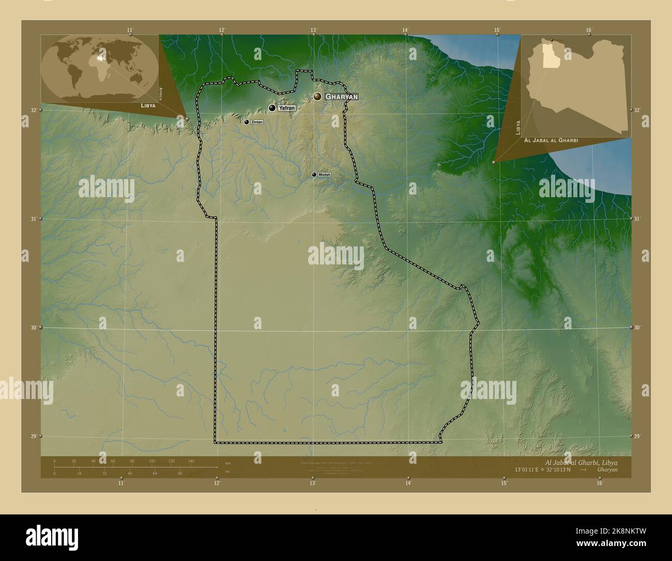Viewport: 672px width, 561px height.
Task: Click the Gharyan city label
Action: click(341, 97)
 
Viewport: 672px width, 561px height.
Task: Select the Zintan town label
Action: click(257, 122)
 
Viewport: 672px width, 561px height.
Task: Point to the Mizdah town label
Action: click(324, 175)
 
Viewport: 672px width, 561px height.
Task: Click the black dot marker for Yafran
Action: click(272, 108)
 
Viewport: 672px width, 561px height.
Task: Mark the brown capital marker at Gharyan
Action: click(317, 96)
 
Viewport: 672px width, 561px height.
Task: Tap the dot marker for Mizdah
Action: click(314, 175)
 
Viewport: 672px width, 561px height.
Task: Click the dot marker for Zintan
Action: click(247, 122)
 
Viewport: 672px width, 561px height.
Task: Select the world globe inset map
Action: click(100, 67)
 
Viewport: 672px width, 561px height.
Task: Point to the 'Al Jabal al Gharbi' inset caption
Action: click(551, 140)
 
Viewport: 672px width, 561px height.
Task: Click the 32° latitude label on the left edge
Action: click(33, 110)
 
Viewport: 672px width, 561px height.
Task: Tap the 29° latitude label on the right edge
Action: click(637, 436)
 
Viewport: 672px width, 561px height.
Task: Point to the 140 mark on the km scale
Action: click(191, 461)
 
